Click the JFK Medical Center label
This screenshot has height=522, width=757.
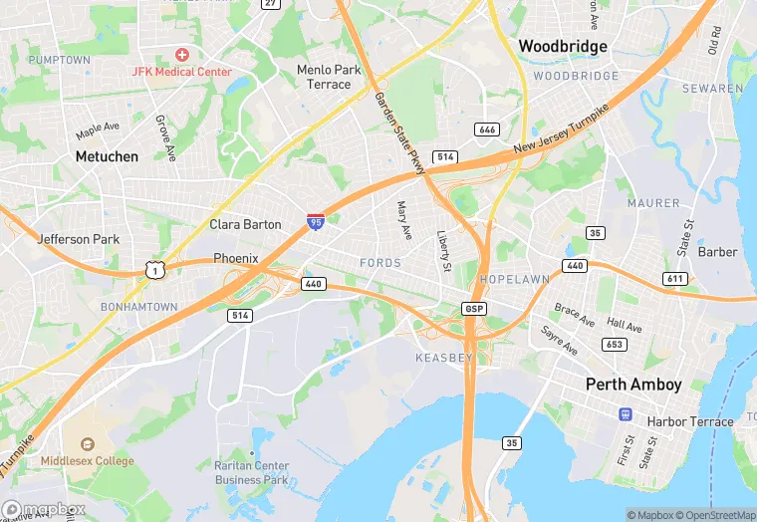(182, 72)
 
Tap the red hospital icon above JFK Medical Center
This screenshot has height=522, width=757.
(182, 54)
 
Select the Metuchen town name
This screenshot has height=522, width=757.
(107, 156)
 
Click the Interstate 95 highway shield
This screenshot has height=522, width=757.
(315, 223)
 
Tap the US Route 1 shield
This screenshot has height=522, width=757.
(153, 270)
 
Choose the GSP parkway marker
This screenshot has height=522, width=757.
(474, 309)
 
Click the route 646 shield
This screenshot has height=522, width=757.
(487, 130)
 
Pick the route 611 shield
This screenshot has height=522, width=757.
(675, 278)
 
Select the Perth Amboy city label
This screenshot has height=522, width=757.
(633, 385)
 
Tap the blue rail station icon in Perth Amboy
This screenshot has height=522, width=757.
(626, 413)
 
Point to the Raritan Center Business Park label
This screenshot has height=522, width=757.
(251, 472)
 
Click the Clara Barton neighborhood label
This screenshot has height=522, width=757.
(245, 225)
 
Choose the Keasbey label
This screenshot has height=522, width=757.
(436, 357)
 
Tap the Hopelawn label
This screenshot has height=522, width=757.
(514, 280)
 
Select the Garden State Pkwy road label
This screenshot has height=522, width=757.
(399, 133)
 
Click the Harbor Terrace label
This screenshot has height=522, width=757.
(690, 421)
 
